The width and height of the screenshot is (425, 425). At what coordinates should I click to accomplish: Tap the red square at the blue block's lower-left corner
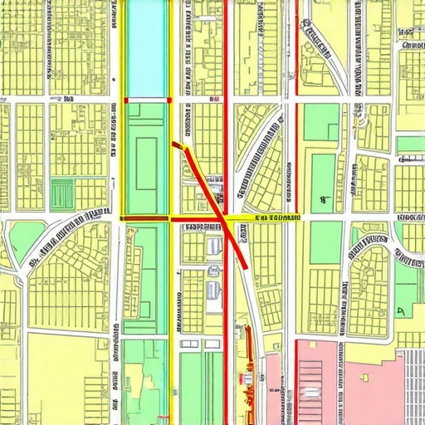(x=126, y=100)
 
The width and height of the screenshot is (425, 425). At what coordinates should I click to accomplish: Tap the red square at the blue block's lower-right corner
(x=170, y=100)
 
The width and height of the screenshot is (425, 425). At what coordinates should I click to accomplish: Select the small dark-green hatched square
(x=62, y=194)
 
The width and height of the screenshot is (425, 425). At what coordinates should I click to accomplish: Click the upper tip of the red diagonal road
(x=175, y=144)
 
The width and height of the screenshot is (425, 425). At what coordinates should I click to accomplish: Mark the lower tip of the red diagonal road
(x=247, y=265)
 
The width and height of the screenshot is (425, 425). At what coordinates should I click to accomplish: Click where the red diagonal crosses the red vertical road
(x=225, y=223)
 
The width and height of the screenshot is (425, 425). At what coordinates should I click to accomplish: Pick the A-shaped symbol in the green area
(x=400, y=311)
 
